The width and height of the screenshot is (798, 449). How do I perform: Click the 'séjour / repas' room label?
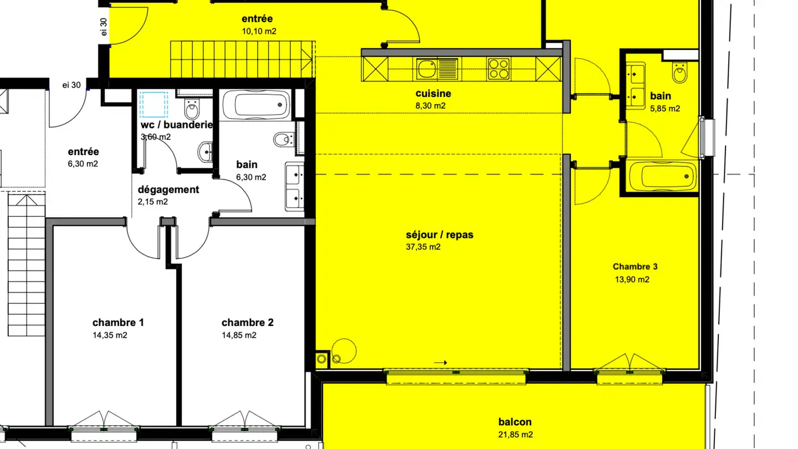pyautogui.click(x=439, y=234)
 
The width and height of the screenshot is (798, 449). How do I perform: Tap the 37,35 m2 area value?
pyautogui.click(x=423, y=247)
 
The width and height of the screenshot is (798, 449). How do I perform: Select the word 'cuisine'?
pyautogui.click(x=433, y=94)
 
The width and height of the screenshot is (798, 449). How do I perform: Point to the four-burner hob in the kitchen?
pyautogui.click(x=498, y=69)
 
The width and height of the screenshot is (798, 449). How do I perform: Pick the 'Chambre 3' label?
pyautogui.click(x=635, y=267)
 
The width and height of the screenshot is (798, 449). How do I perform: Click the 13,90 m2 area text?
pyautogui.click(x=631, y=280)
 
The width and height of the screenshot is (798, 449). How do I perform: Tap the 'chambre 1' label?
pyautogui.click(x=118, y=323)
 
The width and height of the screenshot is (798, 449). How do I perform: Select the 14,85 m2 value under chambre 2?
pyautogui.click(x=239, y=335)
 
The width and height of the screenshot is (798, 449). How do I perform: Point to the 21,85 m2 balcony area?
pyautogui.click(x=515, y=435)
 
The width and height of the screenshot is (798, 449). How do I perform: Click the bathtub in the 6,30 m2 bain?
pyautogui.click(x=255, y=104)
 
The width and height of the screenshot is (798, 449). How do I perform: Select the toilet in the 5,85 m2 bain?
pyautogui.click(x=679, y=72)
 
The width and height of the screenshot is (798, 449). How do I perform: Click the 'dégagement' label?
pyautogui.click(x=168, y=190)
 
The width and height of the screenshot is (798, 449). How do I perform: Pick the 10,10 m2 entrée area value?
pyautogui.click(x=259, y=32)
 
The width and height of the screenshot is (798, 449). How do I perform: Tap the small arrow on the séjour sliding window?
pyautogui.click(x=441, y=363)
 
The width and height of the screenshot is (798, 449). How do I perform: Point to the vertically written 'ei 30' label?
pyautogui.click(x=103, y=27)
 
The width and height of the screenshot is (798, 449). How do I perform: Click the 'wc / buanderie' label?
pyautogui.click(x=176, y=125)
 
